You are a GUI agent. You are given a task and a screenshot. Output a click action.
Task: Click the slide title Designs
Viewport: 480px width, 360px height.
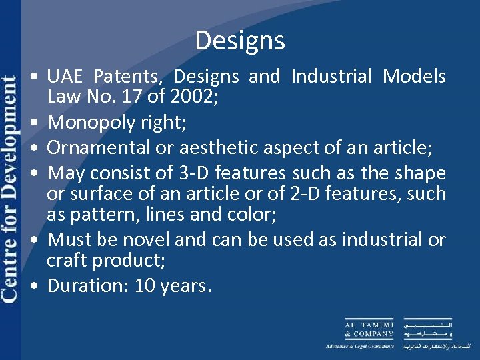click(240, 41)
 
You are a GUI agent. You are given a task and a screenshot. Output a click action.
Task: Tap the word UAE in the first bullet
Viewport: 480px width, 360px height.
click(65, 77)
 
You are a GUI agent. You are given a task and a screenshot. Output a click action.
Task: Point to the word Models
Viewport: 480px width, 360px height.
click(414, 77)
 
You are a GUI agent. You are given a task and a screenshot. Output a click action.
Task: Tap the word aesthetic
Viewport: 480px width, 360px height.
click(234, 148)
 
